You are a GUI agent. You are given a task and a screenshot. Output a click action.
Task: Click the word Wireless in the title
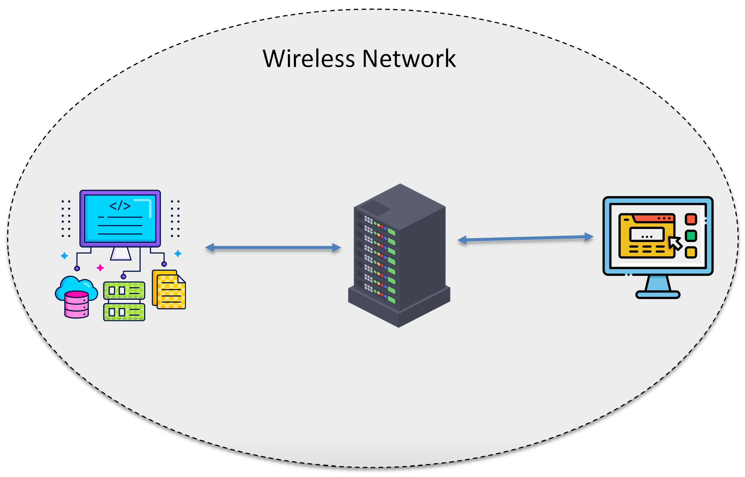(x=309, y=59)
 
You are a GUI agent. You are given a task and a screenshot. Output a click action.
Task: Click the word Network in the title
(x=409, y=59)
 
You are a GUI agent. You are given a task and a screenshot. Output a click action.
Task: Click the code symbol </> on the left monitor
(x=120, y=206)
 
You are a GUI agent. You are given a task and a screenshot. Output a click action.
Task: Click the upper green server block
(x=124, y=291)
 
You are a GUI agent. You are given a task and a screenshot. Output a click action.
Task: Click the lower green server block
(x=124, y=312)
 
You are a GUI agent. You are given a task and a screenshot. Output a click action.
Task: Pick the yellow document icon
(x=170, y=291)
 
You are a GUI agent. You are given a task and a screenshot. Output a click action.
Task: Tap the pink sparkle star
(x=100, y=268)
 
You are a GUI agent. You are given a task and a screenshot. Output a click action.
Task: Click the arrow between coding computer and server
(x=272, y=248)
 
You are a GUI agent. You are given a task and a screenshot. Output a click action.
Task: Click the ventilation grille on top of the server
(x=375, y=208)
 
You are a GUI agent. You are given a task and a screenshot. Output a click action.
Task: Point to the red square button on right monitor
(x=691, y=219)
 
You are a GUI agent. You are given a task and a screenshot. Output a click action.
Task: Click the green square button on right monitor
(x=691, y=236)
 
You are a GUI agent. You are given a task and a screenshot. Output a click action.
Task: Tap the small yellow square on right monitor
(x=691, y=252)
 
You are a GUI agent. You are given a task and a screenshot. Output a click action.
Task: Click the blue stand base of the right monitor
(x=657, y=294)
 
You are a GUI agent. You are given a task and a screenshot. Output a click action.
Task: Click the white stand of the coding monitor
(x=121, y=254)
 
